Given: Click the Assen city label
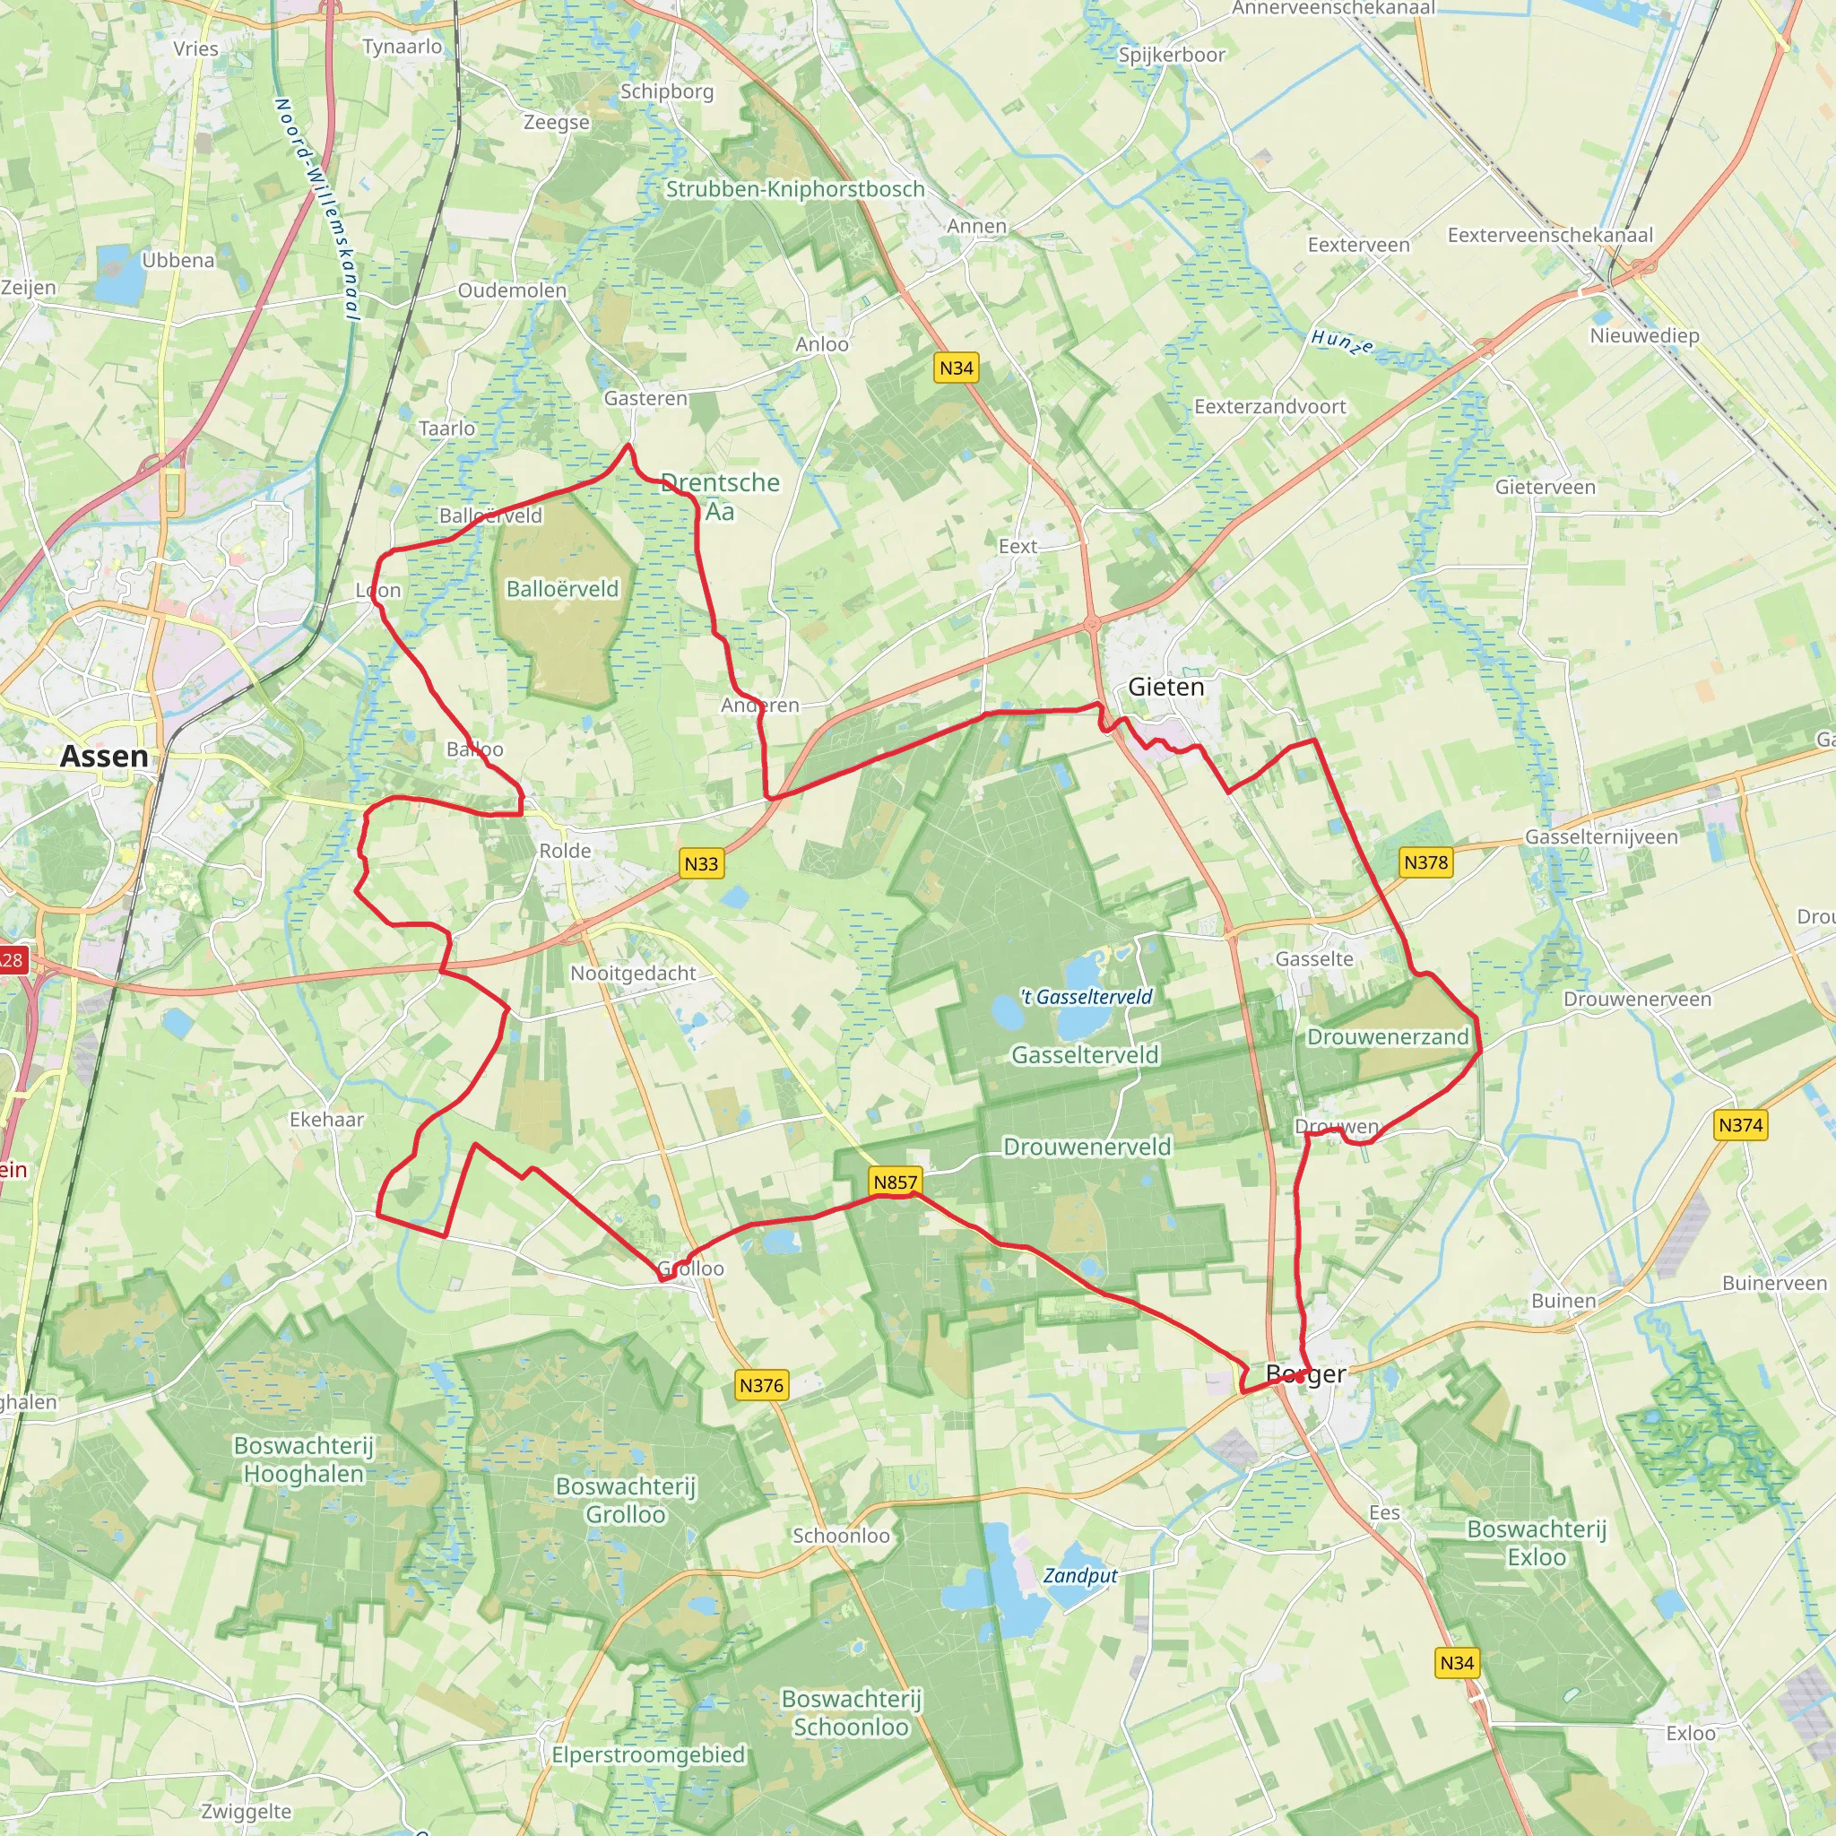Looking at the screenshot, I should click(105, 757).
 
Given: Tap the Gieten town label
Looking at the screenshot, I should click(1166, 687).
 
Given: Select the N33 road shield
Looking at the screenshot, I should click(701, 863).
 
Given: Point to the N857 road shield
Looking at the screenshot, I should click(896, 1182).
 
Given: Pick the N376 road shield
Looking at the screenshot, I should click(761, 1386).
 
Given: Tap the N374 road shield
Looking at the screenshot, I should click(1740, 1125).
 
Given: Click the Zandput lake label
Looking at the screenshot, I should click(1080, 1576).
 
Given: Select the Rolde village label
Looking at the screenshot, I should click(566, 851).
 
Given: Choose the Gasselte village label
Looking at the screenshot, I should click(1314, 959).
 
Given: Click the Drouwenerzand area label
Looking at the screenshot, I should click(1388, 1037).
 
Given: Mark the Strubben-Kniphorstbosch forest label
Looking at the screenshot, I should click(794, 189).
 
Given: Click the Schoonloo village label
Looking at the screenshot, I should click(841, 1536).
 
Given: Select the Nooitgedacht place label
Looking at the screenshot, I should click(633, 973).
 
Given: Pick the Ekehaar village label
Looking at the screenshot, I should click(327, 1120).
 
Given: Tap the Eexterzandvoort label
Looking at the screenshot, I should click(1269, 407).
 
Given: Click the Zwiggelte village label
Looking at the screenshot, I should click(247, 1811).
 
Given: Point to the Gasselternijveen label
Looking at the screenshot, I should click(1601, 837).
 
